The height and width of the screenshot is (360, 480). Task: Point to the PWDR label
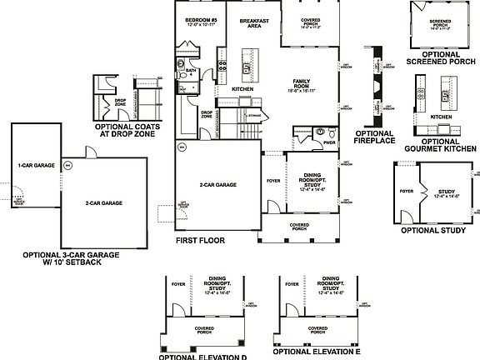329,143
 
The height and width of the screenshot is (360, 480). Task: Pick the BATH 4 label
191,73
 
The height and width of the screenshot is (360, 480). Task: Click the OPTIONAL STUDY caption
433,230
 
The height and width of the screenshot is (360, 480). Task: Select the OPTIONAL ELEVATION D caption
202,356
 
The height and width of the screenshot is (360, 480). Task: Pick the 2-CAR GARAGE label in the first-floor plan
216,183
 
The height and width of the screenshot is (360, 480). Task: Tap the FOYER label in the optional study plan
407,190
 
